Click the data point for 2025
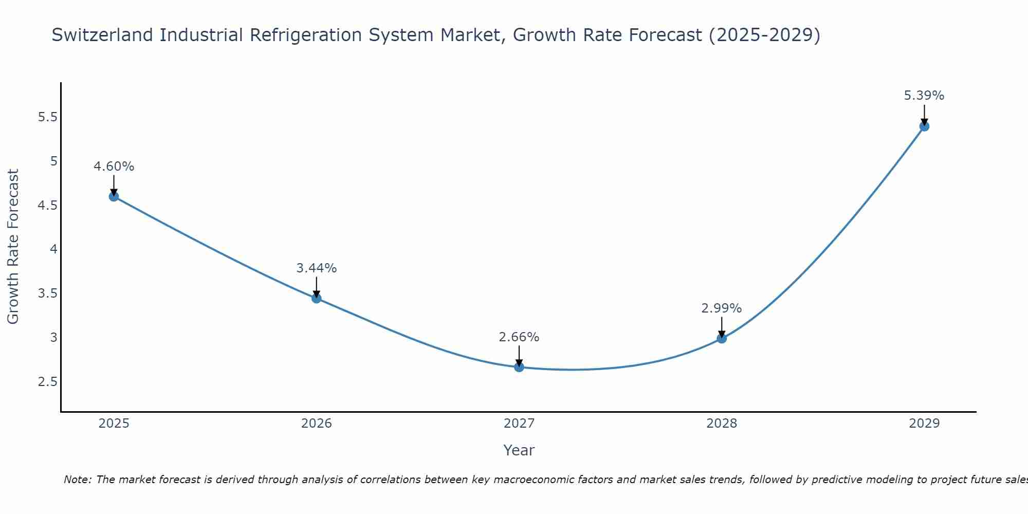[114, 196]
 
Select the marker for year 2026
[317, 298]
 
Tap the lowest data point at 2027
[519, 367]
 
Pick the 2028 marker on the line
[722, 338]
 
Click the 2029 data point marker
[924, 126]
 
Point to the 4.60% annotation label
[114, 167]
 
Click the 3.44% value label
[317, 268]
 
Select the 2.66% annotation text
[519, 337]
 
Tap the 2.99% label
[722, 308]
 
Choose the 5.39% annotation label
[924, 96]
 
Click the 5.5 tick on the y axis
[47, 117]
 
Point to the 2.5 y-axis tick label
[47, 382]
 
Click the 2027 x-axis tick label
[519, 424]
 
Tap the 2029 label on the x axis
[924, 424]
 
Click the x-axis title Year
[519, 450]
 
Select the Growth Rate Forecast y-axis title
[13, 247]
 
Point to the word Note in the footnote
[77, 480]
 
